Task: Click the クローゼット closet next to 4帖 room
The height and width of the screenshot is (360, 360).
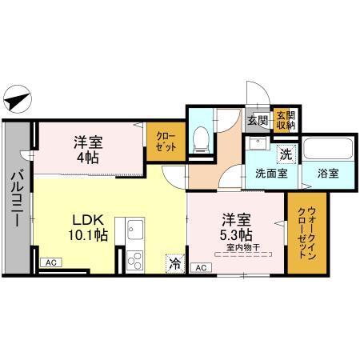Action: [x=166, y=142]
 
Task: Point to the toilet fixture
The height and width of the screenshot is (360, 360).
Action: [x=202, y=137]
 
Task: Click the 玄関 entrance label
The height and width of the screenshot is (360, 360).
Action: [x=258, y=121]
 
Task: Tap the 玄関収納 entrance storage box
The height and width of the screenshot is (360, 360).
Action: [x=286, y=120]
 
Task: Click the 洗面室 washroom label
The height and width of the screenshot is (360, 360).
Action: [x=271, y=172]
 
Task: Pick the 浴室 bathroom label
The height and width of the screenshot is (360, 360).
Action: [x=326, y=172]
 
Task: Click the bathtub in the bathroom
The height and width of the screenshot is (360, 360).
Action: [x=327, y=150]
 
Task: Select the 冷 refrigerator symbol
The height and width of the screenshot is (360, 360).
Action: [x=175, y=262]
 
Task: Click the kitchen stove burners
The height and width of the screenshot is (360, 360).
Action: [x=133, y=261]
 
